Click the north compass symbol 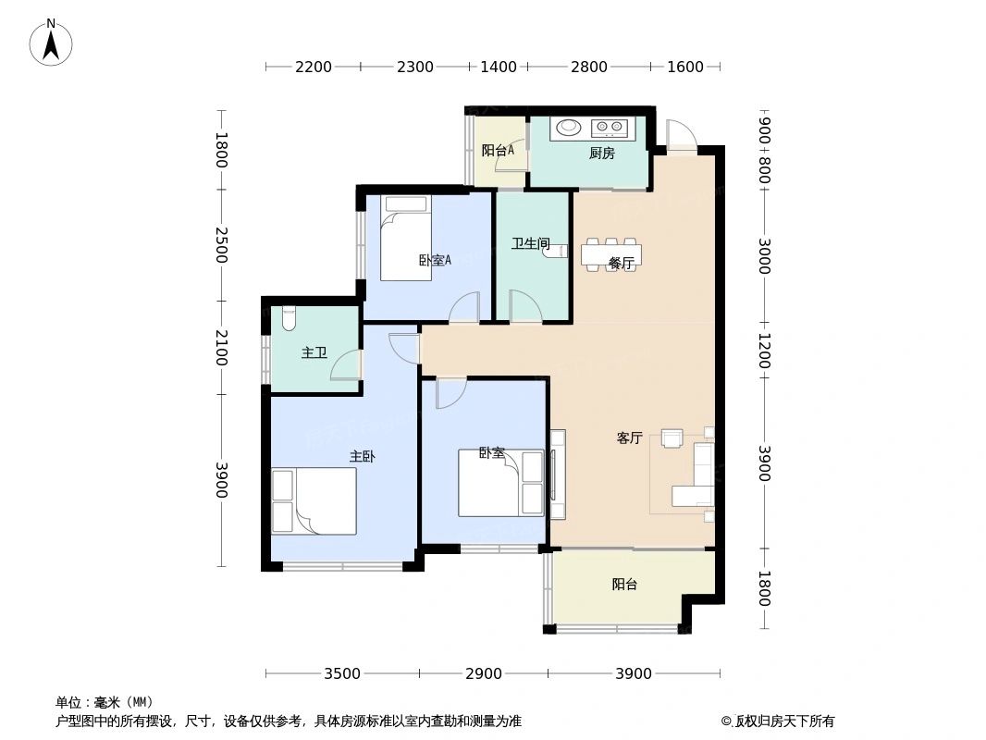point(51,43)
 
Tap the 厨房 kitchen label point(601,154)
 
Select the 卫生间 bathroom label point(531,244)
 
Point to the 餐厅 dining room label point(621,264)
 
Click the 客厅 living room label point(629,438)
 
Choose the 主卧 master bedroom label point(362,456)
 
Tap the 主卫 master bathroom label point(314,353)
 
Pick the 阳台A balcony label point(498,150)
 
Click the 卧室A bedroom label point(435,260)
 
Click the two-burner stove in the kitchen point(609,127)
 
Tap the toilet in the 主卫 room point(288,318)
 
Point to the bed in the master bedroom point(314,500)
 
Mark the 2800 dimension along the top point(588,67)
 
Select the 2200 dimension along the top point(314,67)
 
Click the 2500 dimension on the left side point(220,245)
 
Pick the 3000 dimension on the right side point(764,256)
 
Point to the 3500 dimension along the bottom point(342,673)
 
